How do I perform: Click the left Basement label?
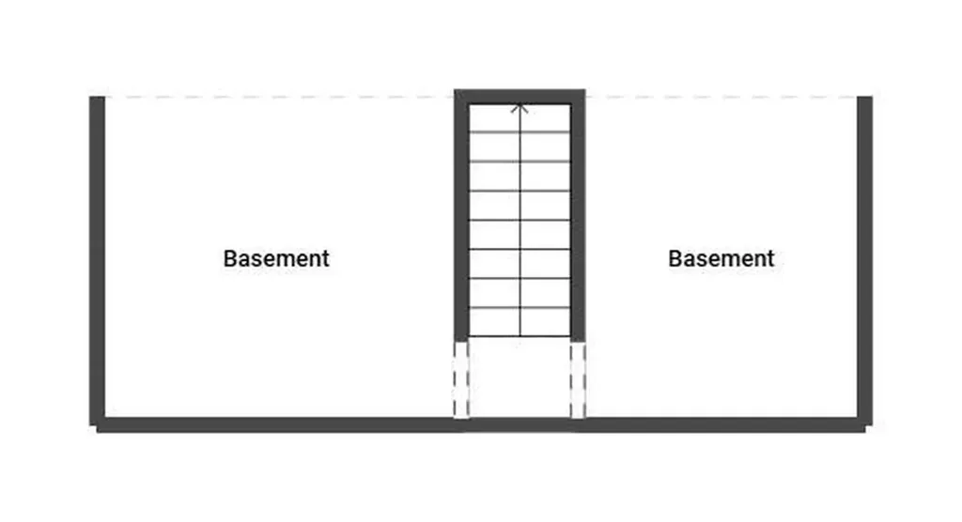tap(276, 258)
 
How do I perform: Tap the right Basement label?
tap(721, 258)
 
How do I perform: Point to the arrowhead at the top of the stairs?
tap(520, 108)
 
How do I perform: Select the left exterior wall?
tap(97, 261)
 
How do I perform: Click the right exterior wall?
tap(864, 261)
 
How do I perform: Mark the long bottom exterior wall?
tap(481, 424)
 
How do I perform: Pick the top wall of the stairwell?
tap(520, 97)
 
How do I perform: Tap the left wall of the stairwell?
tap(461, 215)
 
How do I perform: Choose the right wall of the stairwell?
tap(578, 215)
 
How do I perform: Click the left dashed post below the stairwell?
tap(461, 379)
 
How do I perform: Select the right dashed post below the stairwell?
tap(578, 379)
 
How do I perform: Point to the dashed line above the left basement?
tap(279, 97)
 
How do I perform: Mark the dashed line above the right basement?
tap(721, 97)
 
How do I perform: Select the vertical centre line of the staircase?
tap(520, 221)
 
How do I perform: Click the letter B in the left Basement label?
tap(230, 258)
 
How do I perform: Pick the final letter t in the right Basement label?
tap(770, 259)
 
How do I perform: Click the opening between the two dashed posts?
tap(520, 379)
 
